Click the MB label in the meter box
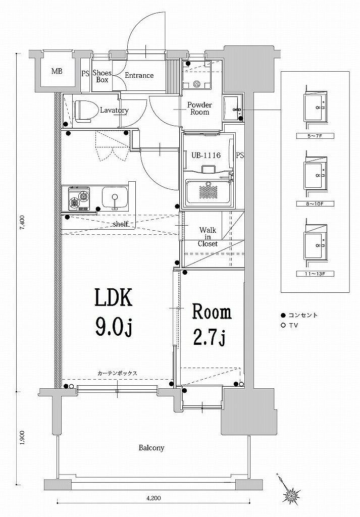(57, 71)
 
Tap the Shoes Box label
(102, 76)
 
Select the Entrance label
(139, 76)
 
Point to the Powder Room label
(199, 108)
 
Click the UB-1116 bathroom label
(205, 155)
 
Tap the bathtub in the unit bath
(209, 192)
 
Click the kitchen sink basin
(114, 197)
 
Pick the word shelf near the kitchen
(120, 224)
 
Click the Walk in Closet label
(208, 237)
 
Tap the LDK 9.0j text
(114, 313)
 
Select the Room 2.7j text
(210, 325)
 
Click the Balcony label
(152, 448)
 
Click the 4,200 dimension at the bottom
(153, 499)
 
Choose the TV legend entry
(293, 326)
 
